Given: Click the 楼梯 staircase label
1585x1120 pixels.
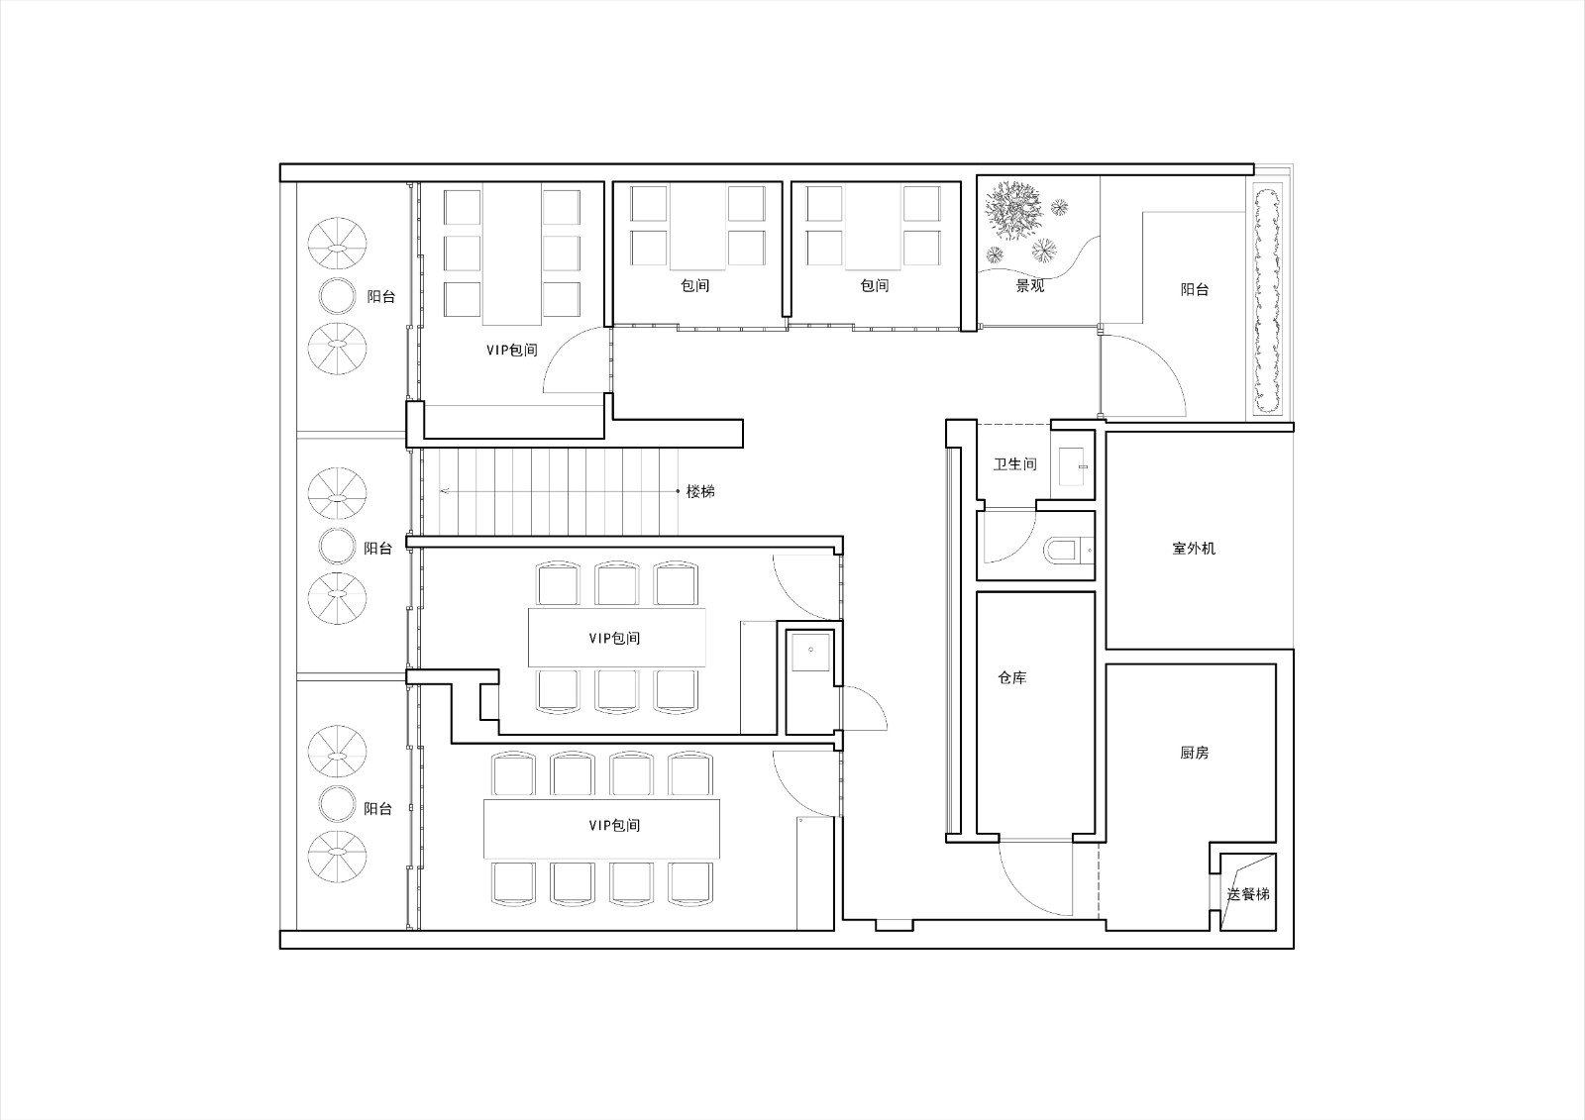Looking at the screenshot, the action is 699,491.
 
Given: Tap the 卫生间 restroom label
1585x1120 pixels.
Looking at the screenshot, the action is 1014,464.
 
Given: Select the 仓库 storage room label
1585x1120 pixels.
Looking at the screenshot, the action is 1011,677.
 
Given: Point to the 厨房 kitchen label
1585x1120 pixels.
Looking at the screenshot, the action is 1195,753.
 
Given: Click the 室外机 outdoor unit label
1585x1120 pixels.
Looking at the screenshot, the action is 1194,549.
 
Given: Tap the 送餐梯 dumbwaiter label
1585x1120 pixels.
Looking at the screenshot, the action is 1248,894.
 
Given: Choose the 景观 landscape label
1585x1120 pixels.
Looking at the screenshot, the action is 1030,286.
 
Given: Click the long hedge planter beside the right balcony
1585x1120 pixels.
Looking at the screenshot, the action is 1267,299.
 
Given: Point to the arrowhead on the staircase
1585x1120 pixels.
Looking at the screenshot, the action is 445,490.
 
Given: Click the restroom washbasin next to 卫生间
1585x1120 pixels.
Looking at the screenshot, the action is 1071,466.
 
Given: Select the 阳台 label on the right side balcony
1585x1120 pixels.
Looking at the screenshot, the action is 1195,289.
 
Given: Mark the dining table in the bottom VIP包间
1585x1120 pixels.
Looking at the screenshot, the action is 601,828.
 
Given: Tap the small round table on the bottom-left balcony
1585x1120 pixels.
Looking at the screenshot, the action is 337,803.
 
